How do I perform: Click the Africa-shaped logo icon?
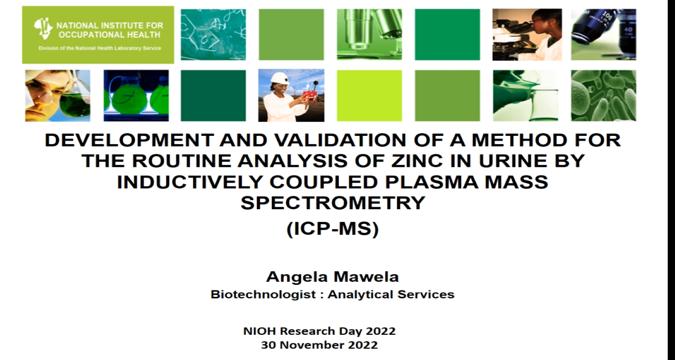(x=43, y=28)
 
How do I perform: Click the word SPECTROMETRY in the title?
(x=333, y=203)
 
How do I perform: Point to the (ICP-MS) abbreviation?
(x=333, y=229)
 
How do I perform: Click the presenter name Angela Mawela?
(x=333, y=277)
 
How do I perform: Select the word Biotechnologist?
(x=263, y=294)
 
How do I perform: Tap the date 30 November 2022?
(x=319, y=345)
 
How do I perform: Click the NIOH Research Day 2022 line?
(x=319, y=331)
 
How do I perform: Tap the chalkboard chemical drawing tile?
(x=213, y=34)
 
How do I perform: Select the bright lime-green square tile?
(x=369, y=95)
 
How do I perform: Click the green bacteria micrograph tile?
(x=603, y=95)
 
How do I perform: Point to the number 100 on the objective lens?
(x=606, y=16)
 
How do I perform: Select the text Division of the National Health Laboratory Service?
(x=99, y=48)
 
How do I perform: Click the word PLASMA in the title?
(x=432, y=182)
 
